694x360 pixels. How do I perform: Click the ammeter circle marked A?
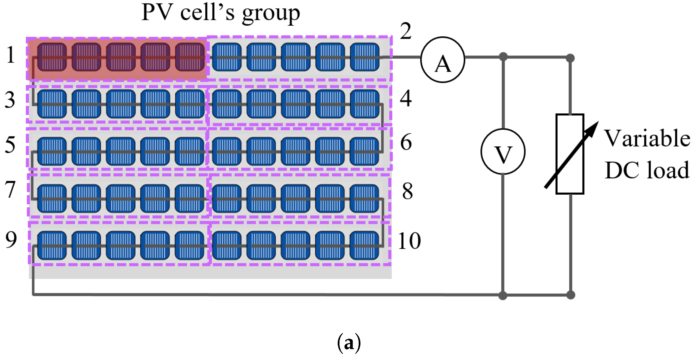coord(442,60)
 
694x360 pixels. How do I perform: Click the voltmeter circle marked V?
coord(503,151)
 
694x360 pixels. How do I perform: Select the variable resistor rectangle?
coord(570,154)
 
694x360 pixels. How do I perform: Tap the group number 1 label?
coord(11,55)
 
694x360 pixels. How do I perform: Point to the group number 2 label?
coord(406,31)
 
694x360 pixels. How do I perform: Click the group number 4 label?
coord(406,99)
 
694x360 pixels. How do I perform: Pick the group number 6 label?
coord(406,142)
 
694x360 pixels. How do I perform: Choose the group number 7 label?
coord(10,190)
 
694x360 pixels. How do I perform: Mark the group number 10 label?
coord(409,241)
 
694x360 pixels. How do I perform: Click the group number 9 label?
coord(11,240)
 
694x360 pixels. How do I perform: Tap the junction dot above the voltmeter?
coord(503,57)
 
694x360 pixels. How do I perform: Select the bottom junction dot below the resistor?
coord(570,295)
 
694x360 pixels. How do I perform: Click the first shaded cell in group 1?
coord(52,57)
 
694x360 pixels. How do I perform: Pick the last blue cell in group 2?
coord(365,57)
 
